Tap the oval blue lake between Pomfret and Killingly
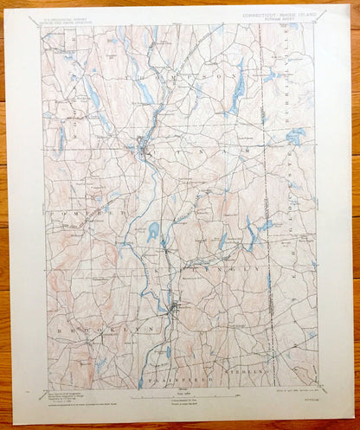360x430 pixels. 154,231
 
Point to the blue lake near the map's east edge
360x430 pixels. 296,136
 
